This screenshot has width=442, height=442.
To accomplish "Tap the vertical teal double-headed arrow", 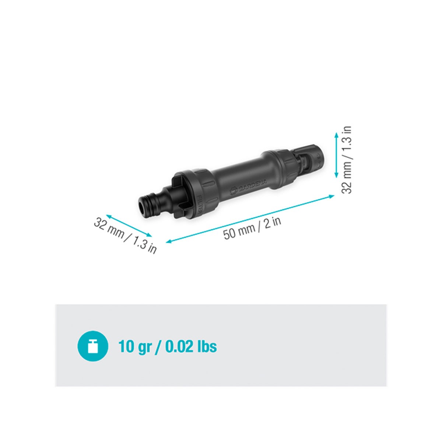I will coord(336,155).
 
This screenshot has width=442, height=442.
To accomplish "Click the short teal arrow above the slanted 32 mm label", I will coord(129,226).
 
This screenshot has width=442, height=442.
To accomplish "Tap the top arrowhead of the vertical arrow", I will coord(336,135).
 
